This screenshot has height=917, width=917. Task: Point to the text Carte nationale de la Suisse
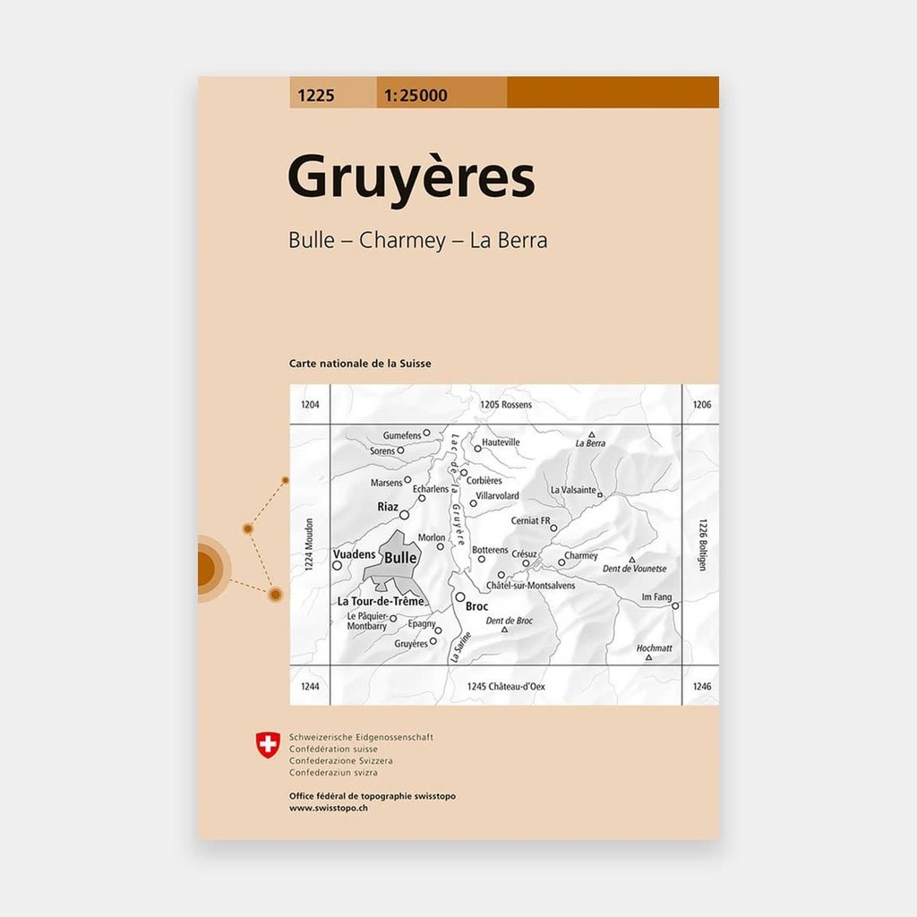coord(360,364)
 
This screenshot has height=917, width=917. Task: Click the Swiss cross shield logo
coord(268,744)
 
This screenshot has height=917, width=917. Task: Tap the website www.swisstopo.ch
coord(329,808)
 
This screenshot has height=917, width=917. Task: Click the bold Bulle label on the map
coord(400,557)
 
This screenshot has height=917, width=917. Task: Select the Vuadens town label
coord(355,554)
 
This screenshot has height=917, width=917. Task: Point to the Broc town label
coord(477,605)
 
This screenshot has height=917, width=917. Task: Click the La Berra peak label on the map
coord(590,443)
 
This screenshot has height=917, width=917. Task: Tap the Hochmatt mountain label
coord(654,647)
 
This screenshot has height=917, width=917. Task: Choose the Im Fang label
coord(656,596)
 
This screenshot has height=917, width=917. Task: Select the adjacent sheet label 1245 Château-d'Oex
coord(505,686)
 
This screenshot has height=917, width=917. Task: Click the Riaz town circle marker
coord(404,515)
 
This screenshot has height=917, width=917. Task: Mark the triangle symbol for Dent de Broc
coord(504,630)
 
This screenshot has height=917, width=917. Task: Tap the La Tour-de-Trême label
coord(380,601)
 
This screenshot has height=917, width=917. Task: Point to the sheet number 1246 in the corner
coord(701,686)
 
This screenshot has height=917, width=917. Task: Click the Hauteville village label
coord(501,442)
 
